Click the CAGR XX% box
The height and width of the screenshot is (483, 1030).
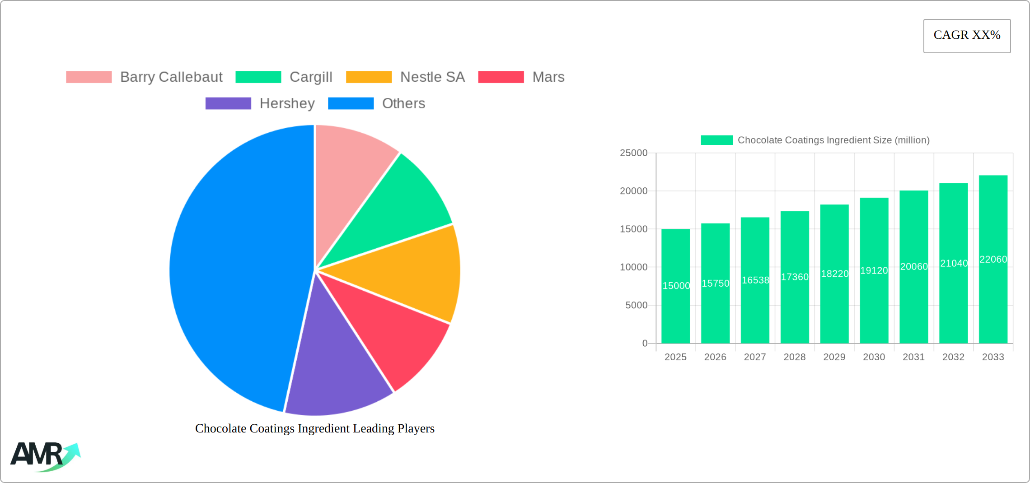coord(967,36)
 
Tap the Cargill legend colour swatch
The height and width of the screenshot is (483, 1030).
coord(258,77)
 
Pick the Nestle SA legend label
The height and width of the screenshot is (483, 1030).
coord(432,77)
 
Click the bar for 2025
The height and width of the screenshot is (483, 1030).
coord(675,307)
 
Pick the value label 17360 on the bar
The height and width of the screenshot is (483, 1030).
coord(795,277)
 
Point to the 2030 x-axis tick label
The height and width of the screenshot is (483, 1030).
coord(874,357)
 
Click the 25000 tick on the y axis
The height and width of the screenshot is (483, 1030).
coord(633,153)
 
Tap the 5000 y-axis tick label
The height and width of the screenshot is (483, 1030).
coord(636,305)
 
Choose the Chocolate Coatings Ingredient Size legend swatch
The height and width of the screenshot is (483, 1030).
coord(716,140)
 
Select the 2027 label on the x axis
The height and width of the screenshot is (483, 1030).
coord(755,357)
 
